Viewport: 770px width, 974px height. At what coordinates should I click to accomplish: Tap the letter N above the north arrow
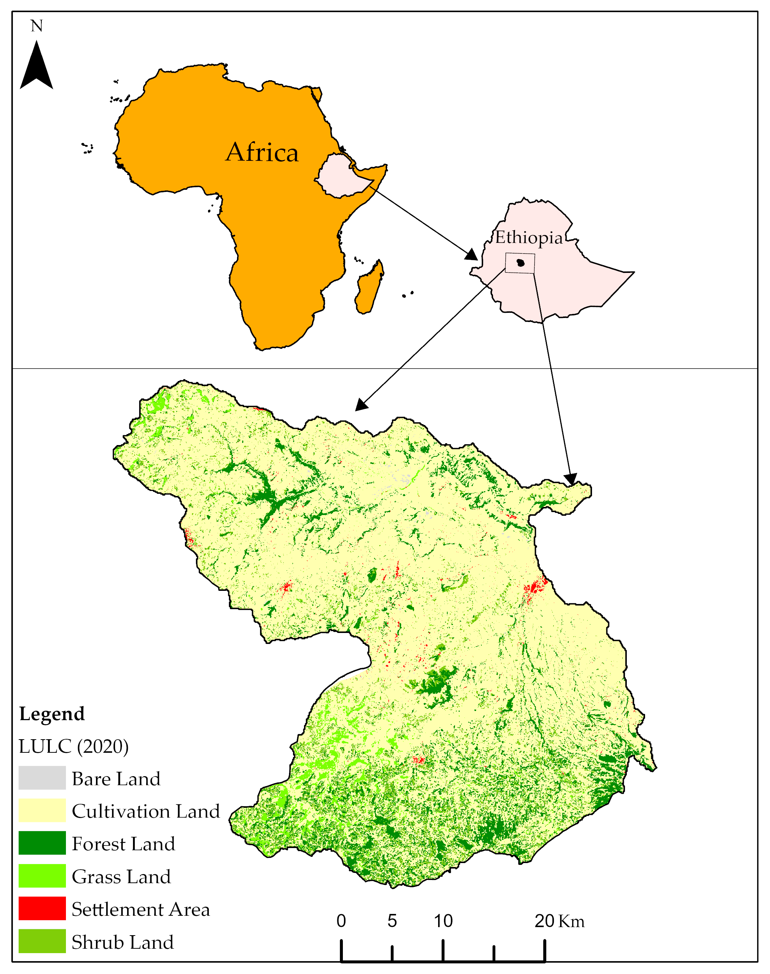[37, 26]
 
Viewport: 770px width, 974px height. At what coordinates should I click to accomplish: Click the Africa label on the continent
[262, 152]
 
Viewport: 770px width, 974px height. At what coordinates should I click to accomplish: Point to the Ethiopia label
[529, 237]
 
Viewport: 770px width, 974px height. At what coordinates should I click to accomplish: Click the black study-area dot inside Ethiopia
[521, 263]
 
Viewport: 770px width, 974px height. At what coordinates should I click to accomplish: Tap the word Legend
[52, 714]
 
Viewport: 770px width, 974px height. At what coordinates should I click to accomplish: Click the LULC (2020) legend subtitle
[74, 747]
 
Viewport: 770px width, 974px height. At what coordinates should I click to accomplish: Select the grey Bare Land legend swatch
[42, 778]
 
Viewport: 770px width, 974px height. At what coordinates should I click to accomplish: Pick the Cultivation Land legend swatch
[42, 811]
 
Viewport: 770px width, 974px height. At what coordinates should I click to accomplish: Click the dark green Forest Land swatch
[42, 843]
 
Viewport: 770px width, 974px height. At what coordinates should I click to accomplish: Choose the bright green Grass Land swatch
[42, 876]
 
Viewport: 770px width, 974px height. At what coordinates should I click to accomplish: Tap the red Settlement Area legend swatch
[42, 909]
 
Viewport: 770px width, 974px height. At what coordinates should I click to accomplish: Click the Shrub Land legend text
[123, 942]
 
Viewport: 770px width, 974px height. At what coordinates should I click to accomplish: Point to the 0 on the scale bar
[341, 921]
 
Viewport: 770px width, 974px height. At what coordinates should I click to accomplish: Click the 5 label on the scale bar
[392, 921]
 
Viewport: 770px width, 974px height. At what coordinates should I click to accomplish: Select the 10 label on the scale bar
[443, 921]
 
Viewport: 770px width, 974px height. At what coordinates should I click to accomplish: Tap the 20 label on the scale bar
[544, 921]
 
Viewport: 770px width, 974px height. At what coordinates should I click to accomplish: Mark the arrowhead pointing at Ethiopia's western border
[471, 255]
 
